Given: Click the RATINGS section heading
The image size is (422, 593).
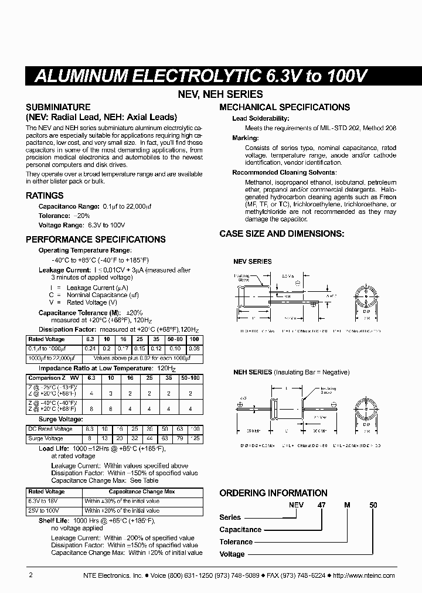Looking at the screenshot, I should click(45, 196).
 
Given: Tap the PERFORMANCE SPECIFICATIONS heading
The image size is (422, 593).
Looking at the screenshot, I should click(96, 239).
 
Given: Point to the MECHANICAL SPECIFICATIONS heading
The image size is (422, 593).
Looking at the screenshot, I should click(284, 107).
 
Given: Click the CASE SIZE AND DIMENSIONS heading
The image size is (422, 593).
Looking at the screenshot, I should click(282, 233).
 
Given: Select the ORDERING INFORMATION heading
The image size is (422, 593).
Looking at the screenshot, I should click(273, 493).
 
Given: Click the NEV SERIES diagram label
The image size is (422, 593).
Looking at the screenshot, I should click(252, 261).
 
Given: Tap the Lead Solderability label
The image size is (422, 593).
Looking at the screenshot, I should click(260, 118).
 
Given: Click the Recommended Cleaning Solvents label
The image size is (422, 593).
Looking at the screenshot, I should click(284, 172).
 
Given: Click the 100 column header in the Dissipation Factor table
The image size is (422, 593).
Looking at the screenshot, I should click(195, 339).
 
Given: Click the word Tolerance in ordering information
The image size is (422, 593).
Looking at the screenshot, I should click(236, 542).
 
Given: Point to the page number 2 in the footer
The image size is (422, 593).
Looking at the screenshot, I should click(30, 575).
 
